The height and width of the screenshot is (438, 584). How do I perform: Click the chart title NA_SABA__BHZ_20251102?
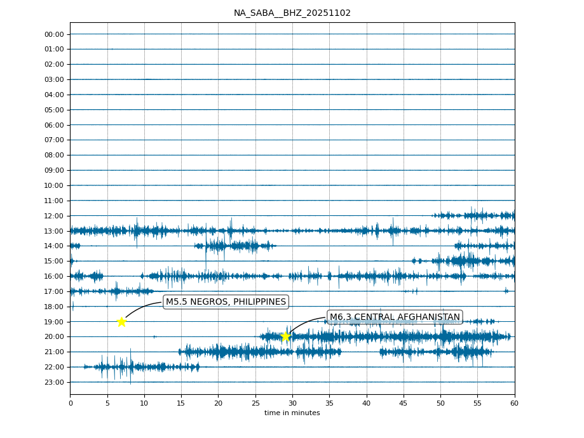[x=292, y=13]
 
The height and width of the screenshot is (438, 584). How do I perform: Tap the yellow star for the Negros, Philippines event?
[x=121, y=322]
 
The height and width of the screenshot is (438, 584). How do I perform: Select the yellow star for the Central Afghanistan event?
[x=285, y=336]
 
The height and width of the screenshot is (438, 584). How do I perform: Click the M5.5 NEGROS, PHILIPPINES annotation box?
[x=226, y=302]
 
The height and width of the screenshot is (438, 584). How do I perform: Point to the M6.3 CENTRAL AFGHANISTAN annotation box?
[x=395, y=317]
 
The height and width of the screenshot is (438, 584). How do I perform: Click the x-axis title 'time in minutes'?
[x=292, y=413]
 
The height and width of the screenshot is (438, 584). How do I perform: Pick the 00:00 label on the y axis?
[x=54, y=34]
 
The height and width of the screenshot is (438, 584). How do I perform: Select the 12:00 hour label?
[x=54, y=216]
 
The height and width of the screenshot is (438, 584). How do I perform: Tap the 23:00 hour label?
[x=54, y=382]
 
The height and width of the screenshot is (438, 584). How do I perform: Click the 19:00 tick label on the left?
[x=54, y=322]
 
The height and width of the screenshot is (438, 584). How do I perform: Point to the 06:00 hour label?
[x=54, y=125]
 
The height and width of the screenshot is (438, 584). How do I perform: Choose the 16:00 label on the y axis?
[x=54, y=276]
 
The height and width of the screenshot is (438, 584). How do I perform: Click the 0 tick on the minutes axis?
[x=71, y=402]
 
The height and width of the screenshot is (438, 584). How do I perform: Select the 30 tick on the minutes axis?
[x=292, y=402]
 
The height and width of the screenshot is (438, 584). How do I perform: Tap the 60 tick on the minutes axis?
[x=514, y=402]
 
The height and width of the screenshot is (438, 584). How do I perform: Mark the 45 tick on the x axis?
[x=404, y=402]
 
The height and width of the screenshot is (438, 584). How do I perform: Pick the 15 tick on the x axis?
[x=181, y=402]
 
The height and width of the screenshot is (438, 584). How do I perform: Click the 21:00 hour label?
[x=54, y=352]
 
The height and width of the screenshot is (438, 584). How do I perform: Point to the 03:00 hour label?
[x=54, y=79]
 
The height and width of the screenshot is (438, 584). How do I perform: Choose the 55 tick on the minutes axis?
[x=477, y=402]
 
